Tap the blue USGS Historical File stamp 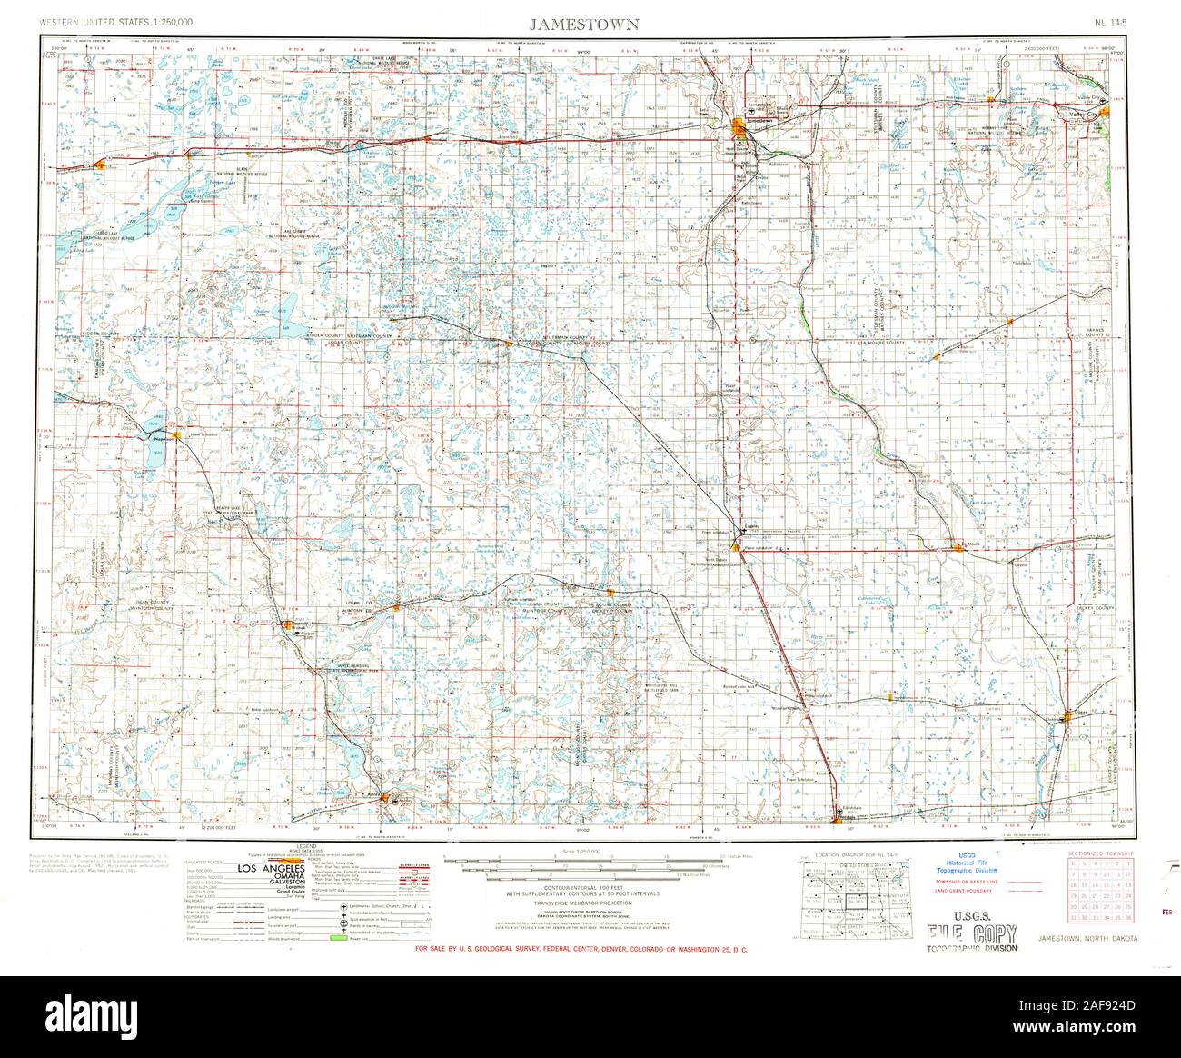pyautogui.click(x=968, y=876)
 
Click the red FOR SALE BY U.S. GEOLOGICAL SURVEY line pyautogui.click(x=581, y=950)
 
